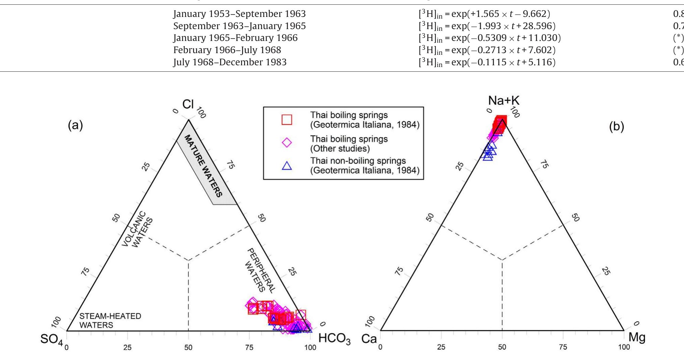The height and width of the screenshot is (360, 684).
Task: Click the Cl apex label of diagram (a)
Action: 188,104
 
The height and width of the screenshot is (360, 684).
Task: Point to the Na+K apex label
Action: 503,100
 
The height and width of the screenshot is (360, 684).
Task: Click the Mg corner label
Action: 637,337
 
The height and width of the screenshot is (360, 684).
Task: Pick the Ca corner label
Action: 369,339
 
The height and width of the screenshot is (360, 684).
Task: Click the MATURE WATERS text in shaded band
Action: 204,165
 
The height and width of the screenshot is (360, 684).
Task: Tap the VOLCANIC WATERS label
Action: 137,229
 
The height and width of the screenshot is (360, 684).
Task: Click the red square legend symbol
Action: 286,120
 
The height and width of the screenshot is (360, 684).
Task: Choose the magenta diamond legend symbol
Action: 286,143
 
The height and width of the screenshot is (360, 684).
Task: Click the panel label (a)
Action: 75,126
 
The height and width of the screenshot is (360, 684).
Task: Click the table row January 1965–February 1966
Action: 235,38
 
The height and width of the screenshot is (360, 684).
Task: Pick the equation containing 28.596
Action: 487,26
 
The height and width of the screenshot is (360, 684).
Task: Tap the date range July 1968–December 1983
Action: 230,62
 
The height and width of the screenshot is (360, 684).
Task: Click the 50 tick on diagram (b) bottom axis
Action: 502,347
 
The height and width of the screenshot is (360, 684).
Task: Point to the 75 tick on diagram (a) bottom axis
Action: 249,347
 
